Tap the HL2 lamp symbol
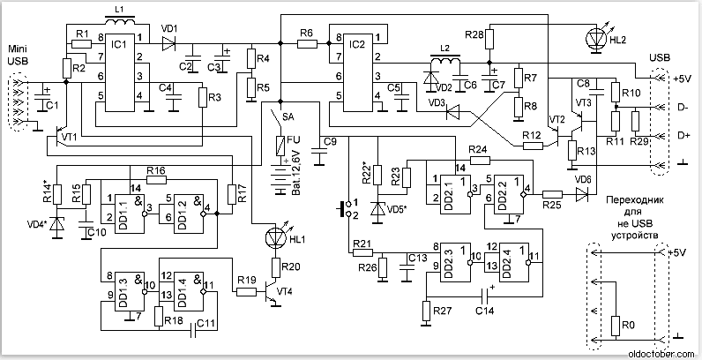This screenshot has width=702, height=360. (593, 39)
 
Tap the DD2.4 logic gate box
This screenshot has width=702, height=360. (511, 257)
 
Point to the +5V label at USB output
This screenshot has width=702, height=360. (680, 78)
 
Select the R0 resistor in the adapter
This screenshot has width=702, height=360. (616, 327)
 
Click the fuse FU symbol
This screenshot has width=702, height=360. (281, 145)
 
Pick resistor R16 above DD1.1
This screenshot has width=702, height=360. (156, 178)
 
